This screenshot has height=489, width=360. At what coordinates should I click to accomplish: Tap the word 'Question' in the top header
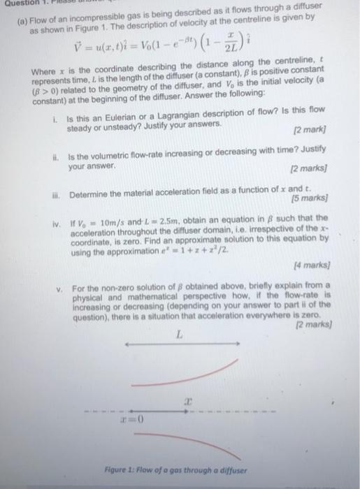[14, 3]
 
